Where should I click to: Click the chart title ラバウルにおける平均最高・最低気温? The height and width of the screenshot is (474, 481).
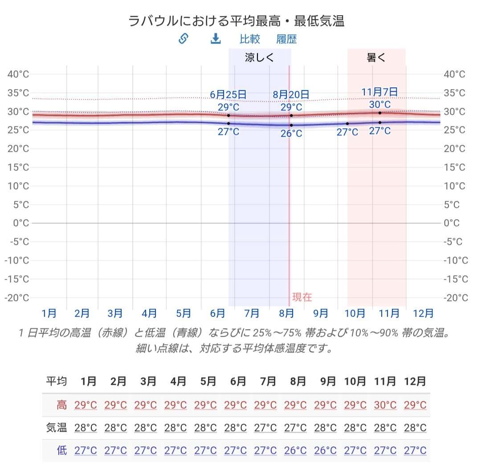236,21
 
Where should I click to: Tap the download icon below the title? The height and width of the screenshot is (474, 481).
216,39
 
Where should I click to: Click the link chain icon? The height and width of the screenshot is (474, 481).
183,39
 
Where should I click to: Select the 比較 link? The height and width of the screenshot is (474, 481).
249,39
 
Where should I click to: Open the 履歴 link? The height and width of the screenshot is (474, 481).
286,39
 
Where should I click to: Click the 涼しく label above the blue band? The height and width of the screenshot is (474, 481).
259,57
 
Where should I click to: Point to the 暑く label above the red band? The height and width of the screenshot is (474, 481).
376,57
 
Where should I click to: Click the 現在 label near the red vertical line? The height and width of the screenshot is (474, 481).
302,297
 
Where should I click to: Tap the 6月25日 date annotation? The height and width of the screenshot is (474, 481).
228,94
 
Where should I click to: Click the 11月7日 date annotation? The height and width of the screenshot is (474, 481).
379,92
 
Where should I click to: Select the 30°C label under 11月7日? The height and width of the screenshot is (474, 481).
379,105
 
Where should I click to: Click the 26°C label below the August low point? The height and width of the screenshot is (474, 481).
291,134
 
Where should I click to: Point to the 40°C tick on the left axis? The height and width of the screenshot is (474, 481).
18,74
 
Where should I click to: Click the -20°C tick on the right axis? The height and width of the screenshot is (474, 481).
456,298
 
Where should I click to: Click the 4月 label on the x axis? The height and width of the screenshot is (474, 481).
149,314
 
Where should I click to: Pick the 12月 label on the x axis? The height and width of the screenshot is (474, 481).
423,314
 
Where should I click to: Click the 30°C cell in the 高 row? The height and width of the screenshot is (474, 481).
385,405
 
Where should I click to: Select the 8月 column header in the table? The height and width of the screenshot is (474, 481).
298,382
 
